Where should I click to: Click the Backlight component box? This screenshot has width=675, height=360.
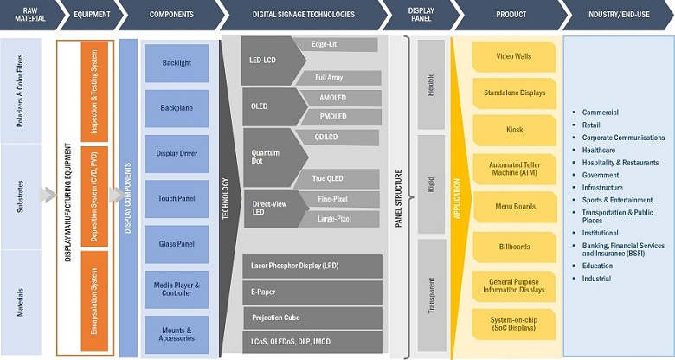pos(177,63)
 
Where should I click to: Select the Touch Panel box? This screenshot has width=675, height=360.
pos(177,198)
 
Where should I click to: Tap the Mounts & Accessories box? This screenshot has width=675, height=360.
pos(177,334)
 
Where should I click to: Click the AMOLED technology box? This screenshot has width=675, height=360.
pos(332,99)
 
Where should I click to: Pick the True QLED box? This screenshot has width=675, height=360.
pos(332,178)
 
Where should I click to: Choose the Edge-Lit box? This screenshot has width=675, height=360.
pos(332,44)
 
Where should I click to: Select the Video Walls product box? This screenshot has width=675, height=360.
pos(515,56)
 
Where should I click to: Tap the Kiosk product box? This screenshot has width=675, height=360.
pos(515,130)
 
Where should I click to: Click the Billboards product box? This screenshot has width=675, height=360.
pos(515,246)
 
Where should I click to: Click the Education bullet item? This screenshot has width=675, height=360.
pos(597,266)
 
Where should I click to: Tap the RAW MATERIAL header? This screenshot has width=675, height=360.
pos(28,15)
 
